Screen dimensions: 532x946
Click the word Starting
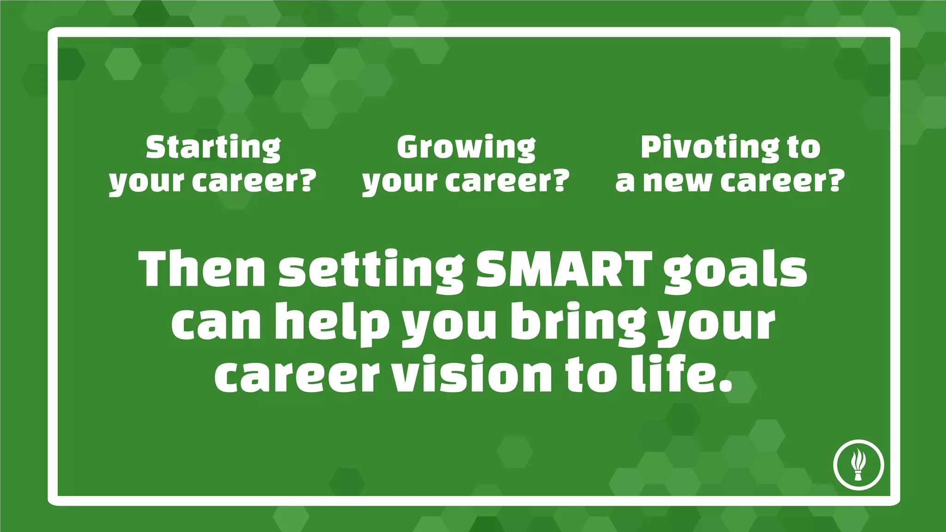pyautogui.click(x=213, y=148)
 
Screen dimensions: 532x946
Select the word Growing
pyautogui.click(x=466, y=148)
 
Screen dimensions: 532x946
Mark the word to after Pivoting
pyautogui.click(x=804, y=148)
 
